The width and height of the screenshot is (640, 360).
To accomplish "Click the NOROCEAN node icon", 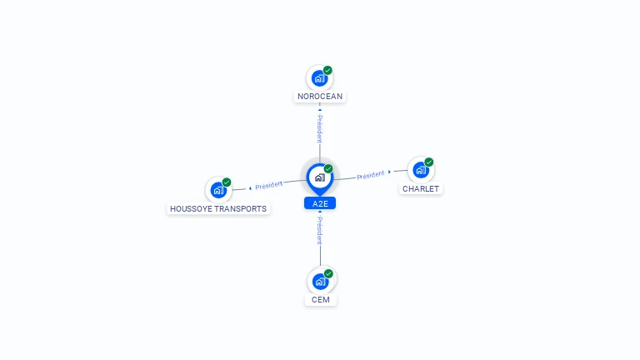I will [x=319, y=78].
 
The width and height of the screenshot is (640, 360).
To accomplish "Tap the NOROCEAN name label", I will [x=320, y=97].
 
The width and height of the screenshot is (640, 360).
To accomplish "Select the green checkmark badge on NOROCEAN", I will [x=327, y=71].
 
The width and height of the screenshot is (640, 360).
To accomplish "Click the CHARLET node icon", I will [x=421, y=170].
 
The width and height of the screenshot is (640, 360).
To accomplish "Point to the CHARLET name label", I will [x=421, y=189].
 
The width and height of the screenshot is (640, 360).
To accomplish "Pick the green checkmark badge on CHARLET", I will [x=429, y=162].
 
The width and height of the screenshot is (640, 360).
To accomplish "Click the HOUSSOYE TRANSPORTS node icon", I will [x=218, y=190].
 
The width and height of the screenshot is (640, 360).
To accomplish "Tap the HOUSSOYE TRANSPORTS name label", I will [x=218, y=209].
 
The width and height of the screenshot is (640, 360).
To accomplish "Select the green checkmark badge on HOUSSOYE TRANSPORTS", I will [x=227, y=182].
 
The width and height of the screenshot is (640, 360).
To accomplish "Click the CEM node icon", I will [x=320, y=281].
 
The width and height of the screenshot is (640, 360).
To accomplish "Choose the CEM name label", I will [x=320, y=300].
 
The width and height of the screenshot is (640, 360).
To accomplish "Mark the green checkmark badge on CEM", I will [x=328, y=273].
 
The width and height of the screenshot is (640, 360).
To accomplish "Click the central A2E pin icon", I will [x=320, y=177].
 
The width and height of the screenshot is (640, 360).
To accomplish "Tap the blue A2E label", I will [x=320, y=203].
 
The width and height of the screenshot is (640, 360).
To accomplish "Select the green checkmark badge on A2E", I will [x=328, y=169].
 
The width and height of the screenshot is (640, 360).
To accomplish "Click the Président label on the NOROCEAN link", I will [x=320, y=128].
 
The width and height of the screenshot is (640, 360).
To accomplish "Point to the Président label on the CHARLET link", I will [x=371, y=175].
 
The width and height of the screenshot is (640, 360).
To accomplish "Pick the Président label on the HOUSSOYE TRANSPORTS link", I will [x=269, y=184].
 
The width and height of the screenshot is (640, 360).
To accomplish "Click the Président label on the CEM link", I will [x=320, y=231].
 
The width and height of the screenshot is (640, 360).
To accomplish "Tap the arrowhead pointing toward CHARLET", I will [x=390, y=172].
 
